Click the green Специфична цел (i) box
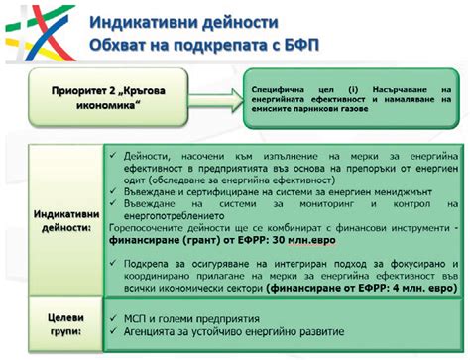coord(348,99)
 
